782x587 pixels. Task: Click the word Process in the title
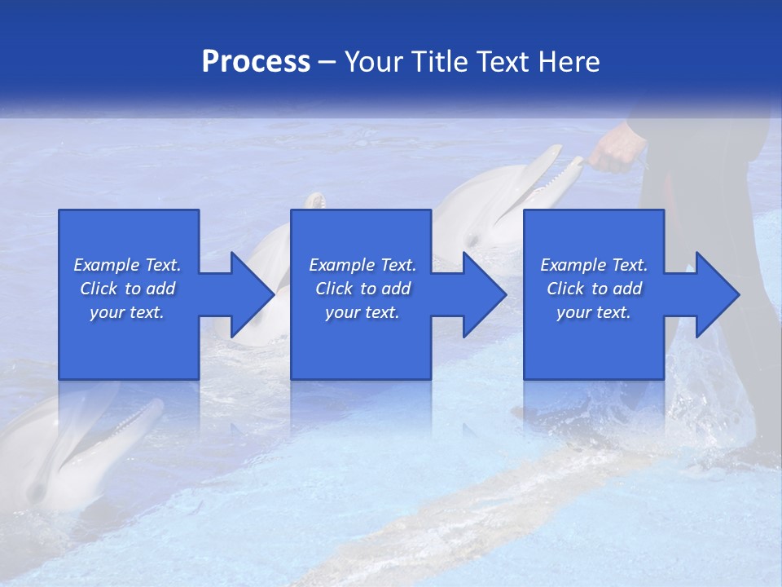click(256, 62)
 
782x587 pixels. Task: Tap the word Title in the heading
click(440, 62)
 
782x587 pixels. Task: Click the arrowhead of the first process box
click(253, 294)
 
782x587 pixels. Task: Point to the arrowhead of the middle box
click(485, 294)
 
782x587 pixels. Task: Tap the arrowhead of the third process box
click(718, 294)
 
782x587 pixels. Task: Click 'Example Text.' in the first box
click(127, 265)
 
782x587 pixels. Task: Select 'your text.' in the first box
click(127, 312)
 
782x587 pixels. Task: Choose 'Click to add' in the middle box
click(362, 289)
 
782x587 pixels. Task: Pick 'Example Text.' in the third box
click(594, 265)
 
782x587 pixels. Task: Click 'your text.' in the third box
click(594, 312)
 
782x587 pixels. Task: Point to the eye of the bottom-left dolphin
click(37, 492)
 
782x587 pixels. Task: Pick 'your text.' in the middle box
click(362, 312)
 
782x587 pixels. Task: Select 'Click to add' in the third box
click(594, 289)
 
